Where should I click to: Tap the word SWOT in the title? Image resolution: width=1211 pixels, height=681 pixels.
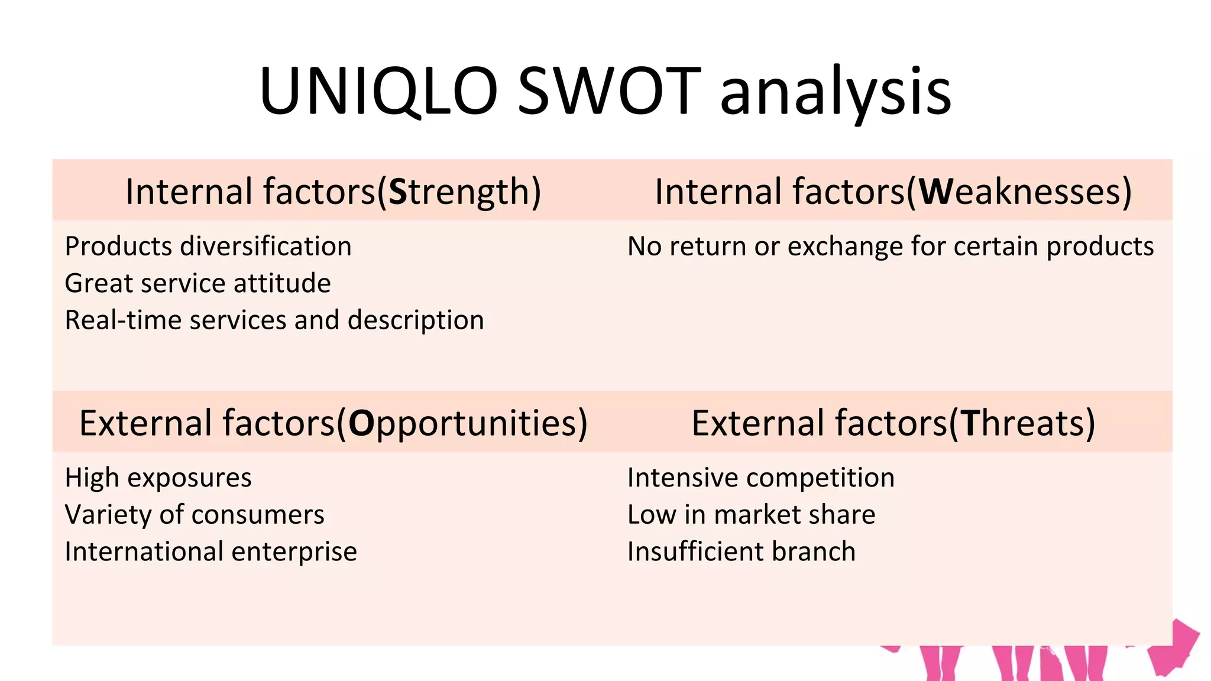coord(609,92)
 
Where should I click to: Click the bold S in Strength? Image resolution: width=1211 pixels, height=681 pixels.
coord(397,192)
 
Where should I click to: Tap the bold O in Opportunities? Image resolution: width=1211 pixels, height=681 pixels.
coord(361,424)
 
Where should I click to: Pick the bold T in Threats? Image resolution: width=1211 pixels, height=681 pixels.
coord(970,424)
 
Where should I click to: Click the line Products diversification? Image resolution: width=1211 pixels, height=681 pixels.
coord(208,247)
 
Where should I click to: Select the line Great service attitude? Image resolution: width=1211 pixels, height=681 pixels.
coord(197,284)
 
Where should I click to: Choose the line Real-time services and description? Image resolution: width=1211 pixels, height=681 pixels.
coord(274,320)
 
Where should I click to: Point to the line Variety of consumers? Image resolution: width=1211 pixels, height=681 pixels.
coord(195,515)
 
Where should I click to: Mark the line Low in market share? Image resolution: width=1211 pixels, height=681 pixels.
coord(751,515)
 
